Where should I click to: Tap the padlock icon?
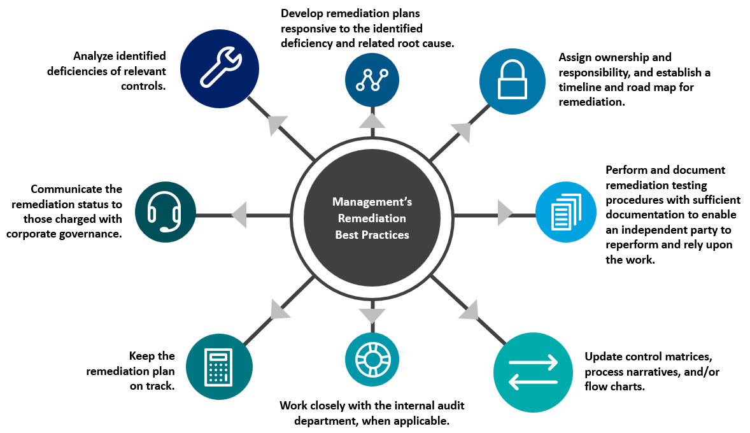pyautogui.click(x=512, y=81)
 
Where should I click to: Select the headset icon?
pyautogui.click(x=166, y=213)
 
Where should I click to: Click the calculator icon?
pyautogui.click(x=219, y=366)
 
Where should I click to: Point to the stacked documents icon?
pyautogui.click(x=565, y=213)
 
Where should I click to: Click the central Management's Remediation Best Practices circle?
pyautogui.click(x=372, y=217)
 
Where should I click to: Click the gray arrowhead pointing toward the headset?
pyautogui.click(x=238, y=215)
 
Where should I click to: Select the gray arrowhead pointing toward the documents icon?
pyautogui.click(x=506, y=213)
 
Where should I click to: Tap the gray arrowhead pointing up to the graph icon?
pyautogui.click(x=372, y=121)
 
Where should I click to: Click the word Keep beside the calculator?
pyautogui.click(x=143, y=356)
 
